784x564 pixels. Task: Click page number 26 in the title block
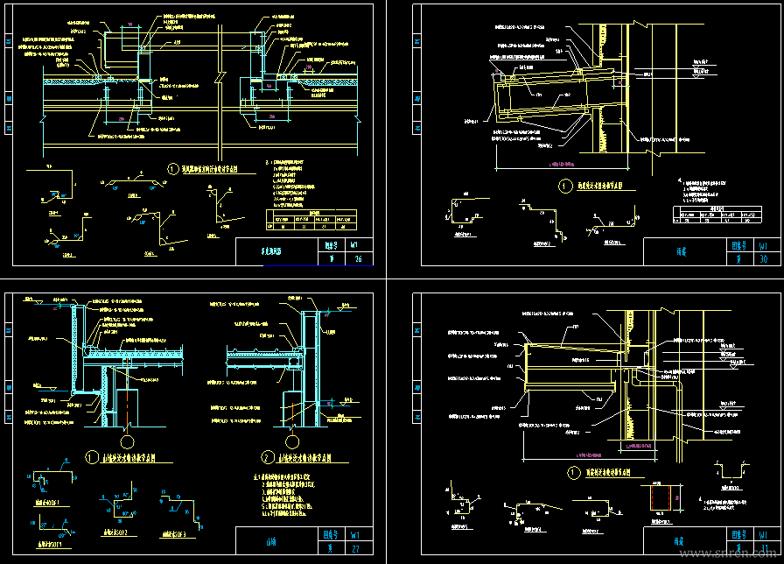355,258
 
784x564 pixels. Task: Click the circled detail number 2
269,456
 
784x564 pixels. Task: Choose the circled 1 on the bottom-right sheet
573,473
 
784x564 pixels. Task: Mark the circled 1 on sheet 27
92,456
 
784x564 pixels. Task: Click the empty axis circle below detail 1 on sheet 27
129,430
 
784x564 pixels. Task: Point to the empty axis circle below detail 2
292,430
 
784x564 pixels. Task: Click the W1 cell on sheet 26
355,245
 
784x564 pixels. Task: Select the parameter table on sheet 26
312,222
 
